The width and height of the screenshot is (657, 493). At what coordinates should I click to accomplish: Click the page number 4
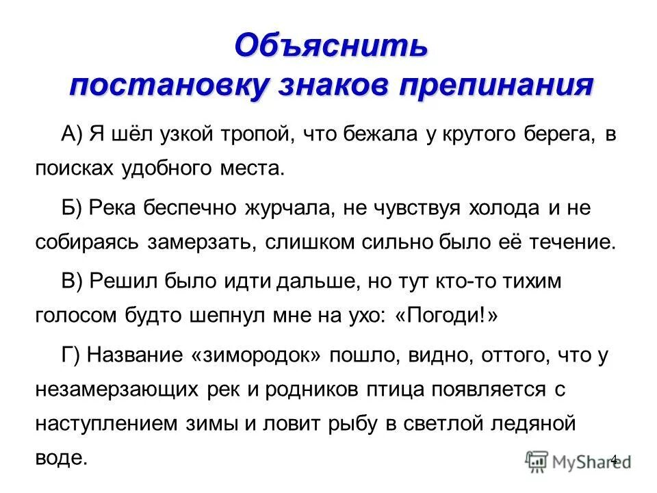(613, 459)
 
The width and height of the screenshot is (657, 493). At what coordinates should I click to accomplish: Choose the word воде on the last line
(62, 457)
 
